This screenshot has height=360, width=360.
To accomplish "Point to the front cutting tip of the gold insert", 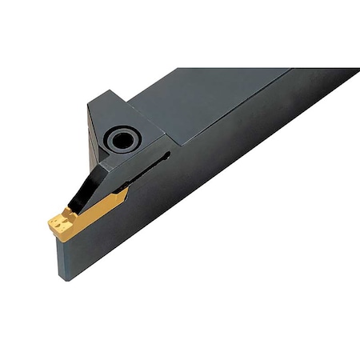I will [50, 218].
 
